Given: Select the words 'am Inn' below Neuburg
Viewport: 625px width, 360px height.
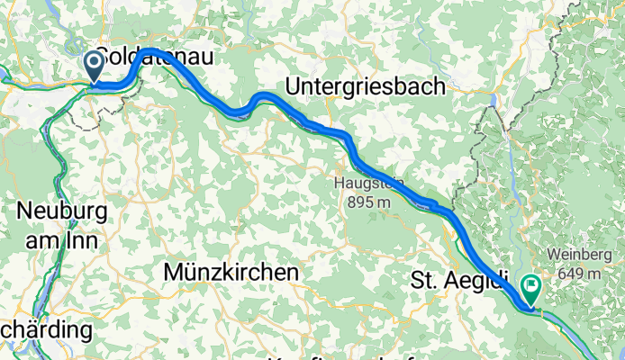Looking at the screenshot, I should coord(62,236).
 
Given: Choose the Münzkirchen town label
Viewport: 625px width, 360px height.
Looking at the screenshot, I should coord(231,271).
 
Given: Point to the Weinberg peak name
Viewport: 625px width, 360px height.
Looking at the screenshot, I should coord(578,256).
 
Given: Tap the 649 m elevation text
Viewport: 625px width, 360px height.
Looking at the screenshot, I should coord(578,274).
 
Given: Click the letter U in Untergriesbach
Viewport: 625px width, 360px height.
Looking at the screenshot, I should coord(293,86).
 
